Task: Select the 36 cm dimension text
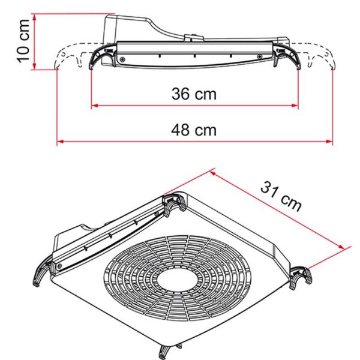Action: pos(194,94)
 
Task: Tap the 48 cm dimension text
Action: pos(194,130)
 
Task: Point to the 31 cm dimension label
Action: pos(281,195)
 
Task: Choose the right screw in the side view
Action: pos(259,57)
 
